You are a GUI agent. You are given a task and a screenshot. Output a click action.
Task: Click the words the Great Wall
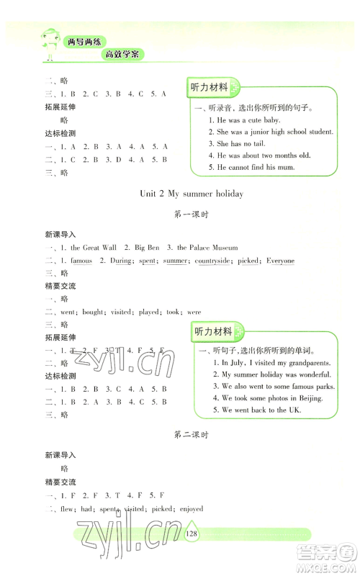pos(90,247)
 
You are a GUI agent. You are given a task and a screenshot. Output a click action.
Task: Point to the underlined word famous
pos(81,261)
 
